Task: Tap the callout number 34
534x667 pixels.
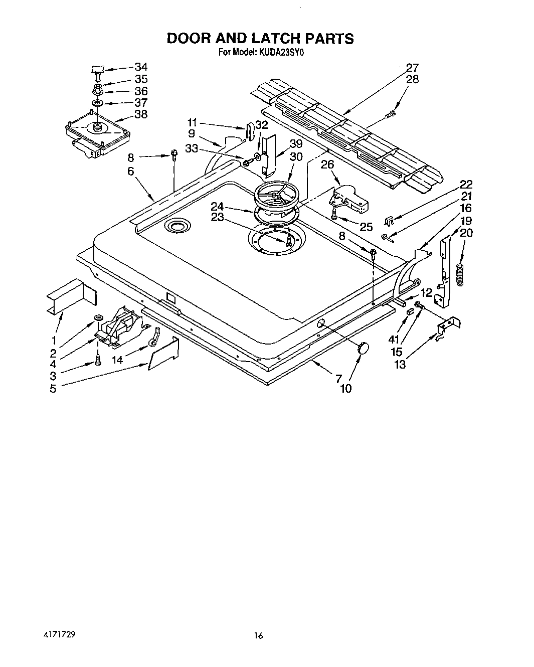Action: point(141,67)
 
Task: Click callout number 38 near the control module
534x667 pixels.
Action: point(141,114)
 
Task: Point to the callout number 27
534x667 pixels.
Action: point(412,67)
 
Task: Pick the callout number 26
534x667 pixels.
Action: point(327,164)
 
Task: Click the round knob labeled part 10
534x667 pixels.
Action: point(362,348)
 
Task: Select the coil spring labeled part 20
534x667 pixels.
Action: point(460,274)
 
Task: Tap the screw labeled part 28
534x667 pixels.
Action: point(389,115)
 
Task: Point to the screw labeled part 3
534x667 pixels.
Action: point(98,360)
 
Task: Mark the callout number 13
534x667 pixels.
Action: point(400,365)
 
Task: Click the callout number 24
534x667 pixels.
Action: point(217,206)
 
